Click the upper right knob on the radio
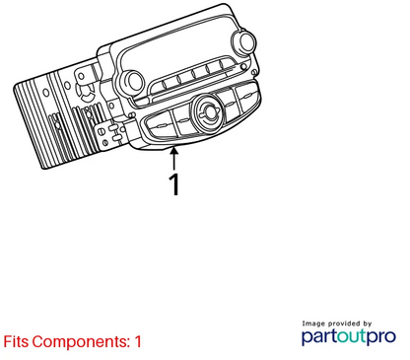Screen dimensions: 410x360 pos(243,42)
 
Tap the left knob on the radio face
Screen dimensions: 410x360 pos(131,82)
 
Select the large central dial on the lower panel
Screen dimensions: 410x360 pos(207,111)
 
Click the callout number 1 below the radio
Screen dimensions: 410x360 pos(174,183)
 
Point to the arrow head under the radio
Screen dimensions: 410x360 pos(174,151)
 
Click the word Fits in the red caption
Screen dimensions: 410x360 pos(16,341)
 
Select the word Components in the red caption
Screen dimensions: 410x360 pos(81,342)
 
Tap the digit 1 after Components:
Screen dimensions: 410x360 pos(138,341)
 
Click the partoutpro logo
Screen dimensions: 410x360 pos(349,337)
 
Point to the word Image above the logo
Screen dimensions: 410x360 pos(314,324)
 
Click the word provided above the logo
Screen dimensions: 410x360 pos(344,324)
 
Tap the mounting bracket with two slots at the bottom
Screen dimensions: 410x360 pos(111,133)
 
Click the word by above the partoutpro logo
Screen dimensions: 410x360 pos(368,324)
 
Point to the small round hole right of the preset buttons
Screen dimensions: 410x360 pos(243,67)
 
